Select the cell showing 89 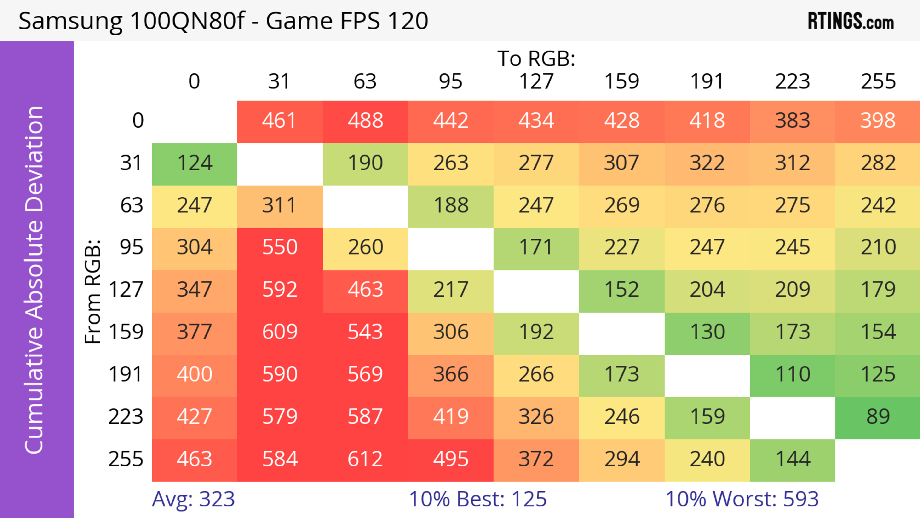click(x=878, y=417)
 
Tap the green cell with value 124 click(x=194, y=163)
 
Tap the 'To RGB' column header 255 click(x=878, y=81)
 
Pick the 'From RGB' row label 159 click(x=126, y=332)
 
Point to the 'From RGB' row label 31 click(x=132, y=163)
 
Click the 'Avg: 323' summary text click(x=193, y=499)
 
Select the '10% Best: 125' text click(x=477, y=499)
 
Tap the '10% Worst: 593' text click(x=742, y=499)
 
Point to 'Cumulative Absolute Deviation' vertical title click(x=35, y=280)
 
